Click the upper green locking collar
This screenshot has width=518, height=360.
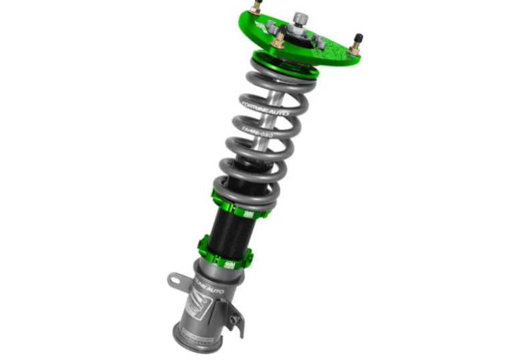[240, 204]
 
